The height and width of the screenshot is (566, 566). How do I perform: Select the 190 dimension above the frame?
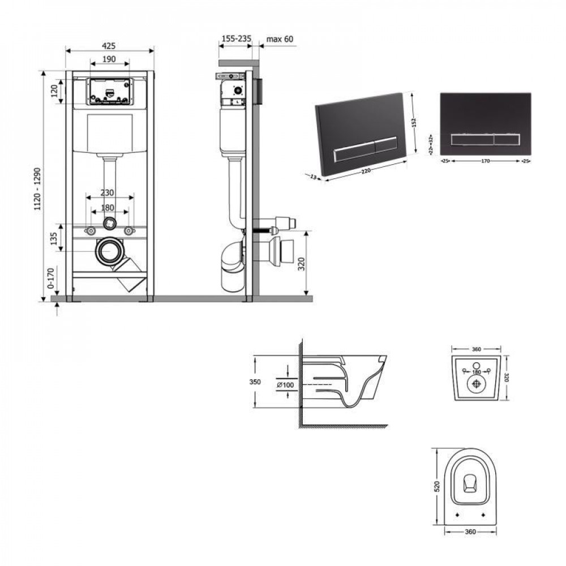pyautogui.click(x=109, y=59)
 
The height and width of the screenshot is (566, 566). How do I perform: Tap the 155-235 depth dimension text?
pyautogui.click(x=235, y=39)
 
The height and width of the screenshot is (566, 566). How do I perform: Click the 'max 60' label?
pyautogui.click(x=280, y=39)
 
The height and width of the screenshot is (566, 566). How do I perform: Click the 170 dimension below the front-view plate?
pyautogui.click(x=482, y=161)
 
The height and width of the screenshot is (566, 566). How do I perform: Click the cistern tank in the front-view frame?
pyautogui.click(x=109, y=134)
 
